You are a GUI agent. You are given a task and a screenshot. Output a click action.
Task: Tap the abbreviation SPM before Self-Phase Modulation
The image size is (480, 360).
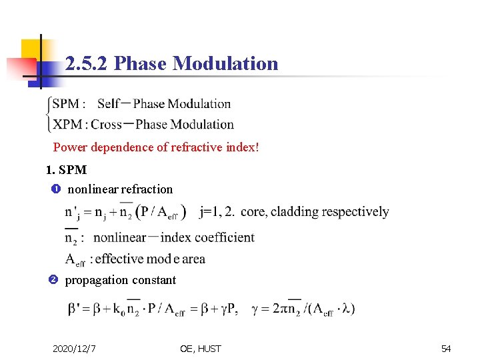tap(66, 103)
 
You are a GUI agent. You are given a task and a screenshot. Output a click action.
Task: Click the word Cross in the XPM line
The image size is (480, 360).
tap(107, 124)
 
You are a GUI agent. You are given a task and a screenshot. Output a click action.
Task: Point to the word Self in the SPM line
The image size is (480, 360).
tap(109, 103)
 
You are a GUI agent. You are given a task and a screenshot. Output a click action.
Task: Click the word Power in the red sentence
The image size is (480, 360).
tap(69, 147)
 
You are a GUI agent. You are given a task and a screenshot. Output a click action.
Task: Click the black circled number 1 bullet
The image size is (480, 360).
tap(55, 189)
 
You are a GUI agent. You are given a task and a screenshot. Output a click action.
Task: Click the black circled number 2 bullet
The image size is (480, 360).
tap(54, 280)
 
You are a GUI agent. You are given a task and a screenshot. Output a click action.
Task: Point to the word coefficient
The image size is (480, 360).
tap(223, 237)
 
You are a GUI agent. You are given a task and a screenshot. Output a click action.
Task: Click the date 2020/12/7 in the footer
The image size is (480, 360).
tap(75, 348)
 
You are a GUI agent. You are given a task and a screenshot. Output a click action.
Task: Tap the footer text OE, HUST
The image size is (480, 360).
tap(200, 348)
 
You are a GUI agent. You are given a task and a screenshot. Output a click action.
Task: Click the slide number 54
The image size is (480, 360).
tap(446, 348)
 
